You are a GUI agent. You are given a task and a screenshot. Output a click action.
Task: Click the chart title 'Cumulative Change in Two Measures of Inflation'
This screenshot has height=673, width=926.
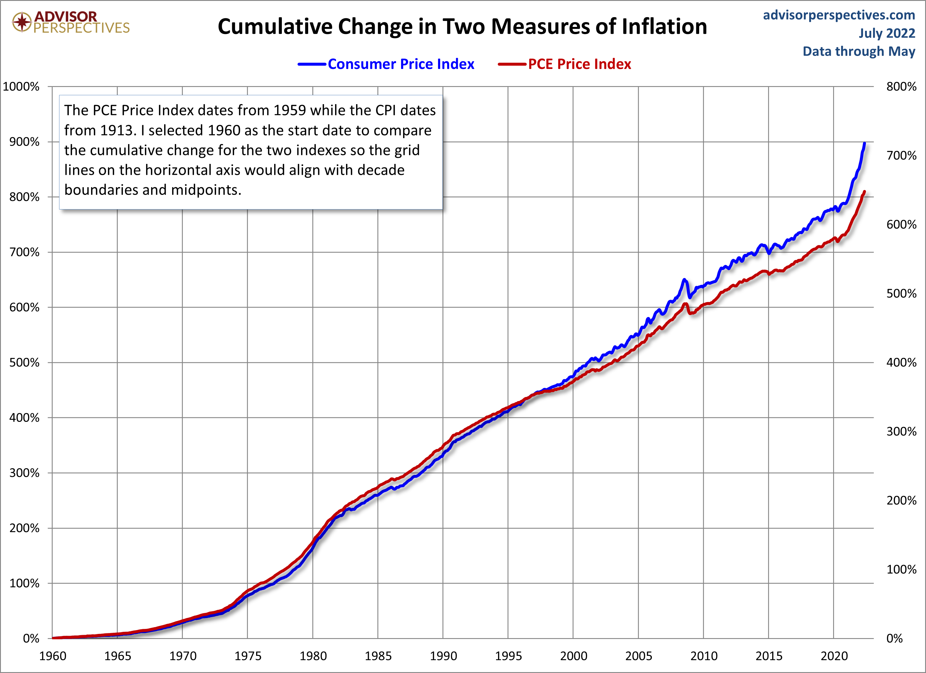coord(462,27)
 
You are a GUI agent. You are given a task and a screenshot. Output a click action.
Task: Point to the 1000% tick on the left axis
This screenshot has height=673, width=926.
coord(21,87)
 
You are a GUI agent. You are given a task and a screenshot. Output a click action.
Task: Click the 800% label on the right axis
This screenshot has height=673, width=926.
coord(901,87)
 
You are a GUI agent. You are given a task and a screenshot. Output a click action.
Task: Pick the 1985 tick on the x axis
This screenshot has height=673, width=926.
coord(378,656)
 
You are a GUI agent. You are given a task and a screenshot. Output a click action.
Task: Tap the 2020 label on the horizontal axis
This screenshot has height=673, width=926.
coord(834,656)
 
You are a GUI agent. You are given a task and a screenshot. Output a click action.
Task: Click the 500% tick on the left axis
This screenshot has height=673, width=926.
coord(25,363)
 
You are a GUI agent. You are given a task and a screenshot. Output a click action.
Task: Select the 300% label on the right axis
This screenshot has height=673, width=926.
coord(901,432)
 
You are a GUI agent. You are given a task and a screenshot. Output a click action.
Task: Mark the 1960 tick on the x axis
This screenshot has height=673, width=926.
coord(53,656)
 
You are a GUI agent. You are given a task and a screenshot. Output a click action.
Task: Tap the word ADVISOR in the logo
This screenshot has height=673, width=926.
coord(66,16)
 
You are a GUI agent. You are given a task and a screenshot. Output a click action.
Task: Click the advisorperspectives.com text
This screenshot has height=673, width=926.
coord(839,15)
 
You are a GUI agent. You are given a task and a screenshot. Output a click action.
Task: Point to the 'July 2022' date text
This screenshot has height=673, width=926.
coord(887,33)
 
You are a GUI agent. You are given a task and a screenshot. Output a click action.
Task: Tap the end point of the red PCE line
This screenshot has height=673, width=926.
coord(864,191)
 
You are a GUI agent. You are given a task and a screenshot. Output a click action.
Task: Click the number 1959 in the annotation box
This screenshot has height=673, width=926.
coord(290,110)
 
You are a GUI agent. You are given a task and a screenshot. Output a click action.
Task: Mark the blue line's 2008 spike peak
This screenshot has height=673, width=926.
coord(684,280)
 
